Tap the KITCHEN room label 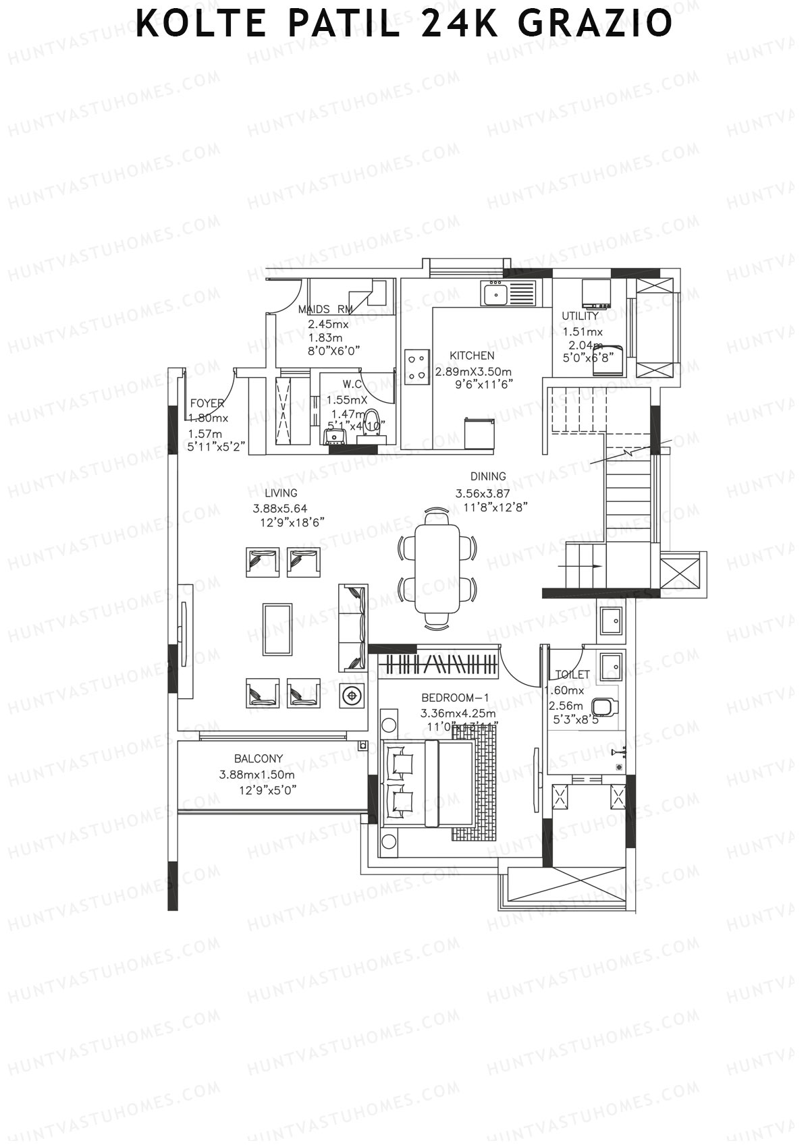click(472, 356)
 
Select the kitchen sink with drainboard click(508, 294)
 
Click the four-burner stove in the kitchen click(417, 366)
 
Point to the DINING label click(488, 476)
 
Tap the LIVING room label click(281, 493)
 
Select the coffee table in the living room click(277, 629)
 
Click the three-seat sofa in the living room click(353, 627)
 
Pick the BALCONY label click(259, 758)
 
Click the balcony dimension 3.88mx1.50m click(256, 775)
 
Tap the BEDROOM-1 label click(454, 698)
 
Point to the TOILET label click(572, 675)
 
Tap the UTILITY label click(580, 316)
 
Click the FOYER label click(207, 403)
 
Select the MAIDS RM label click(325, 310)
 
